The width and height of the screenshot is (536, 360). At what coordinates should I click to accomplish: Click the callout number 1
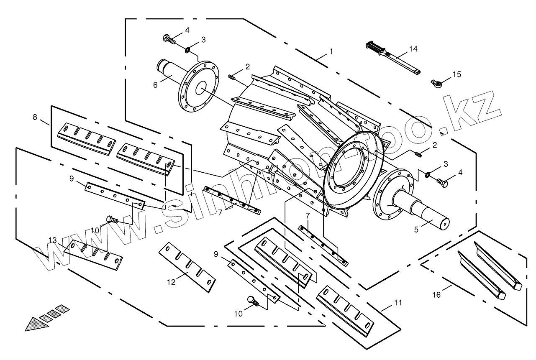[x=331, y=52]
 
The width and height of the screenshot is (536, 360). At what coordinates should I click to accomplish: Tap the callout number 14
[x=413, y=49]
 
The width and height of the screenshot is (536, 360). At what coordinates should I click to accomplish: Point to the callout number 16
[x=436, y=295]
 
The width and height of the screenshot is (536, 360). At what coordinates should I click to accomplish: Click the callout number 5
[x=416, y=229]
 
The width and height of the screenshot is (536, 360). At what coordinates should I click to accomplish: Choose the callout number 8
[x=35, y=117]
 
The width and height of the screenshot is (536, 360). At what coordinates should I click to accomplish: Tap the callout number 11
[x=398, y=302]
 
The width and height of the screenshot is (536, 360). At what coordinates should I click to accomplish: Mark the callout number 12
[x=171, y=282]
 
